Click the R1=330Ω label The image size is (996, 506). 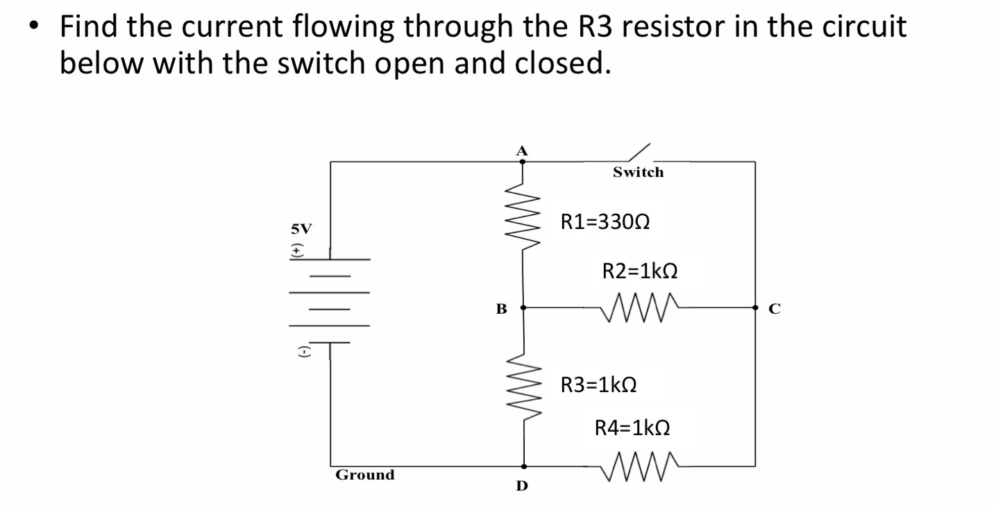coord(605,222)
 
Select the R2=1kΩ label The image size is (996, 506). coord(639,271)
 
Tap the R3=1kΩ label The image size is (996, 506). coord(598,384)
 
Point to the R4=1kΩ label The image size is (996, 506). coord(632,428)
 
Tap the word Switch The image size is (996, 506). coord(638,172)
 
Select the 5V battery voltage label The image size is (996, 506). coord(301,228)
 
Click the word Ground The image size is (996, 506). coord(364,475)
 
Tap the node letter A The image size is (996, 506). coord(523,149)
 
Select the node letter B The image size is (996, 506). coord(500,308)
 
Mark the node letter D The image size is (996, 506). coord(522,486)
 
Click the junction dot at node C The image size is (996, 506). coord(755,306)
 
